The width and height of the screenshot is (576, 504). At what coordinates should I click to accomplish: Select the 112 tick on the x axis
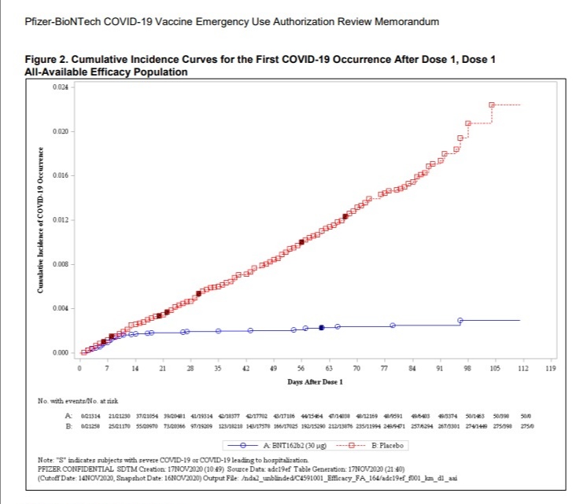[522, 368]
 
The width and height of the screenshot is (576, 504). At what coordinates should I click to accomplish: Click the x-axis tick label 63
[329, 368]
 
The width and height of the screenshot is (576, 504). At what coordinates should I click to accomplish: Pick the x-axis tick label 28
[190, 368]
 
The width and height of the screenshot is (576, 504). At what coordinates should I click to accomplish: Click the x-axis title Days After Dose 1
[315, 382]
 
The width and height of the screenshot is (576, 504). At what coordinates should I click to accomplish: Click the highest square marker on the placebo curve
[492, 105]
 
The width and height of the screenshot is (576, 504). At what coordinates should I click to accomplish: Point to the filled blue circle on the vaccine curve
[322, 327]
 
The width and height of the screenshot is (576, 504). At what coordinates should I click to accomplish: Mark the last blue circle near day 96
[460, 320]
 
